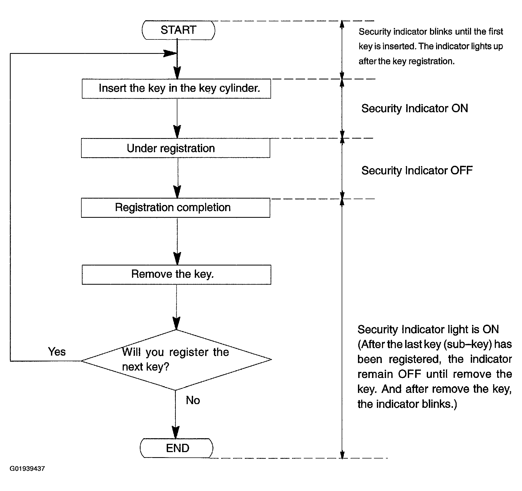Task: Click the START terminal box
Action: [x=178, y=30]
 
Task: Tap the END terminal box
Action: [x=177, y=448]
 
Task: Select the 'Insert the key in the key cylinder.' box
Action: [x=176, y=89]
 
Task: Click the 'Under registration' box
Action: [x=176, y=148]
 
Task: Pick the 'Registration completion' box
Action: [x=176, y=208]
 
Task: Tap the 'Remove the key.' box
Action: [x=176, y=275]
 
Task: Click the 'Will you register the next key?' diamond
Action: [x=176, y=360]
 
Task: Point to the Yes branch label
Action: [x=57, y=352]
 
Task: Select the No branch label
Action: [x=193, y=400]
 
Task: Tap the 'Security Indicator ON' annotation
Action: [x=415, y=108]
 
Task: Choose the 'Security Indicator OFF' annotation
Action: [x=417, y=170]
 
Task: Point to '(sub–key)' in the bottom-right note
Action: [x=468, y=344]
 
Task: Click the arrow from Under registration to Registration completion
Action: [x=177, y=178]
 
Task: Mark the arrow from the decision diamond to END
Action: [x=176, y=414]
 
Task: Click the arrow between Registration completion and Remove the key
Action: [x=177, y=241]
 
